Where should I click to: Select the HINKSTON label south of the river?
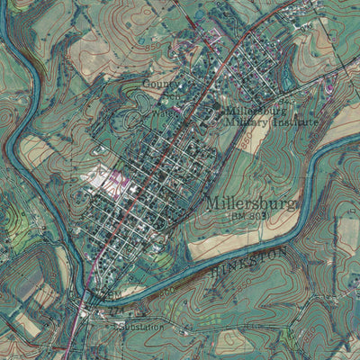point(251,261)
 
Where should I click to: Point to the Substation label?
point(140,327)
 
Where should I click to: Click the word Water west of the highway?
point(158,114)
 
